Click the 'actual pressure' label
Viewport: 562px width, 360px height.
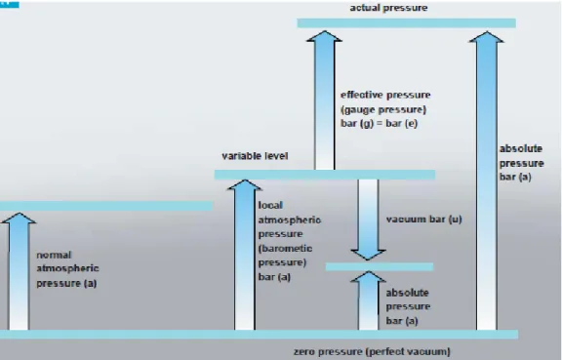coord(388,8)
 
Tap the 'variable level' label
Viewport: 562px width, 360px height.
coord(255,156)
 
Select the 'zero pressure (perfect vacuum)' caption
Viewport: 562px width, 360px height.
coord(372,351)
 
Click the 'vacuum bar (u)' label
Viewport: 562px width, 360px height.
coord(424,220)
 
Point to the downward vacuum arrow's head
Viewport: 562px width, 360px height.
coord(368,255)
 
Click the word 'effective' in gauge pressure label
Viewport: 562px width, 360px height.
coord(361,95)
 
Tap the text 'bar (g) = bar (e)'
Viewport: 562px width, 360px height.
coord(379,123)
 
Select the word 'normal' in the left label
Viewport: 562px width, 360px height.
coord(54,255)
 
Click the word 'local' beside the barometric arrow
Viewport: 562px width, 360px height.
coord(270,205)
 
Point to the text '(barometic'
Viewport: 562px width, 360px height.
coord(285,248)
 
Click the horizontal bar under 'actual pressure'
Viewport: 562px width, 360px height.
coord(407,23)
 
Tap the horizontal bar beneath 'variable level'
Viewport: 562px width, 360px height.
coord(325,175)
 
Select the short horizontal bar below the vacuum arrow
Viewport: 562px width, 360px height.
coord(380,266)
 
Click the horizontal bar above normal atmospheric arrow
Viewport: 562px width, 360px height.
coord(106,206)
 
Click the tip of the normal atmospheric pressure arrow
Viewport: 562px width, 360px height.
coord(19,213)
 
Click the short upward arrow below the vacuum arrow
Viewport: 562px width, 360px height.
coord(368,300)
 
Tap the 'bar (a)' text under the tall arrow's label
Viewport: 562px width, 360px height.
coord(515,177)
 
